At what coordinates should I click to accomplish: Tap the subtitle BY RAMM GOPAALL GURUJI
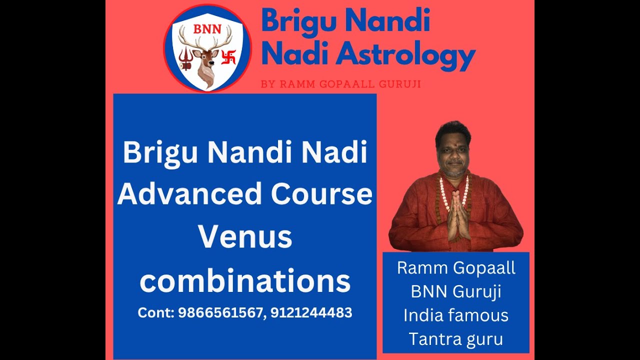[340, 84]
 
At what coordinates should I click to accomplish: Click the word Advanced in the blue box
[190, 194]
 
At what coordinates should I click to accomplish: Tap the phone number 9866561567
[220, 313]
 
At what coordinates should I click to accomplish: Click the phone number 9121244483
[311, 313]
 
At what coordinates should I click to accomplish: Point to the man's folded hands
[457, 215]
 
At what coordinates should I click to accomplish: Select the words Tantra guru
[456, 339]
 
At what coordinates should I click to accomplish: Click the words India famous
[456, 315]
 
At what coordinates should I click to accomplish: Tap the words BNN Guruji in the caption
[456, 291]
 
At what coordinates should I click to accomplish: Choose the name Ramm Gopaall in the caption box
[456, 268]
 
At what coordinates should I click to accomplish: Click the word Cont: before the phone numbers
[155, 313]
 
